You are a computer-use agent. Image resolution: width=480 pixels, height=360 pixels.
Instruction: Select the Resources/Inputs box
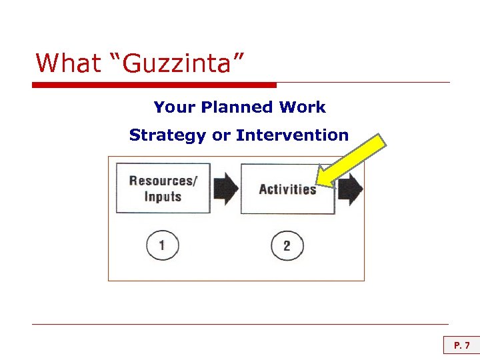pos(163,188)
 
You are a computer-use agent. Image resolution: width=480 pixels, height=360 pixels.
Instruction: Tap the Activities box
pos(287,189)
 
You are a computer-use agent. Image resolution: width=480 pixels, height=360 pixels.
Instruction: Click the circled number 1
pos(162,246)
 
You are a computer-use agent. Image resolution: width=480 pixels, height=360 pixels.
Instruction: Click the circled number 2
pos(287,246)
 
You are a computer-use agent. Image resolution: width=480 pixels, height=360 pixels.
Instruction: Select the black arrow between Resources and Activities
pos(226,189)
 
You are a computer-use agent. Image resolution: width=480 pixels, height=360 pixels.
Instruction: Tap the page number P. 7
pos(461,345)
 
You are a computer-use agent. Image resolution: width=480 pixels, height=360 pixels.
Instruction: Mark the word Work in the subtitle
pos(303,107)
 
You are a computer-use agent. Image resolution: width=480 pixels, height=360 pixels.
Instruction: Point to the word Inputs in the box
pos(163,197)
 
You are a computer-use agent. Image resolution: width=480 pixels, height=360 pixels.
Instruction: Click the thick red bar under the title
pos(154,85)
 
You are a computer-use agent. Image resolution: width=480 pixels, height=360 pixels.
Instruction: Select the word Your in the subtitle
pos(173,107)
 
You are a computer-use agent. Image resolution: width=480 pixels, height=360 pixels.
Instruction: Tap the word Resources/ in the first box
pos(163,181)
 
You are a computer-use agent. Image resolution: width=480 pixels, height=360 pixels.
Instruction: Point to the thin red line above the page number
pos(240,325)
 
